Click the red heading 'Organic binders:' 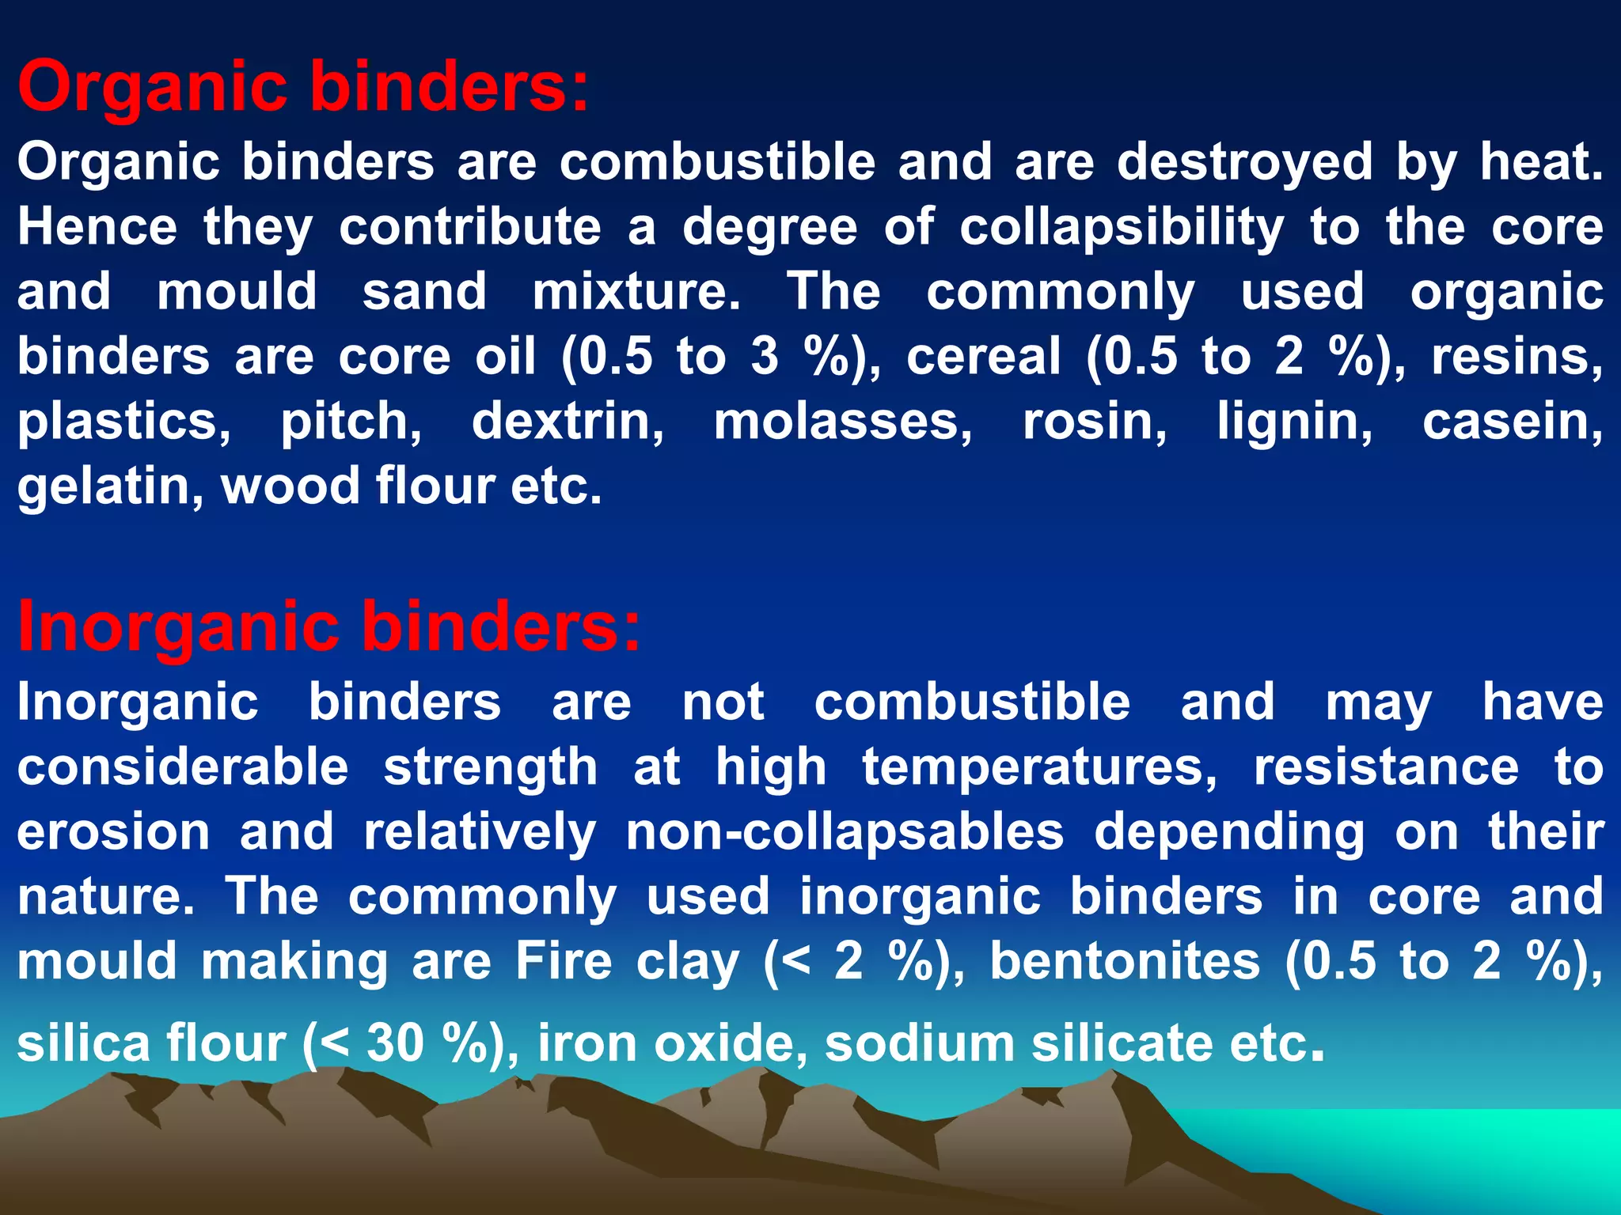coord(303,87)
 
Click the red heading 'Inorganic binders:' coord(328,626)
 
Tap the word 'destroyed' coord(1244,162)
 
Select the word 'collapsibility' coord(1122,228)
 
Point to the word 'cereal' coord(983,357)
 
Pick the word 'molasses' coord(843,422)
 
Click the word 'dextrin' coord(568,422)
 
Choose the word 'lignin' coord(1294,422)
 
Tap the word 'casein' coord(1512,422)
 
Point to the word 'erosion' coord(113,832)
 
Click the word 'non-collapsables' coord(845,832)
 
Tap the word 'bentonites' coord(1125,962)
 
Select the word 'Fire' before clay coord(564,962)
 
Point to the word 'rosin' coord(1095,422)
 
